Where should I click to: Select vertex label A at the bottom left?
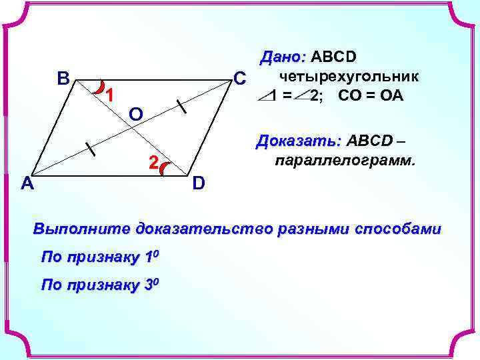point(27,184)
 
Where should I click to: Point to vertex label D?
point(199,183)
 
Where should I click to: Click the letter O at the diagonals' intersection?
point(135,114)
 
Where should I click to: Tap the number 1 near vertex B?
point(110,95)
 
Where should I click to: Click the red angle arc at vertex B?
point(99,86)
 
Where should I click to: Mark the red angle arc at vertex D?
point(166,171)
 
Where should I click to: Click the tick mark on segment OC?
point(181,107)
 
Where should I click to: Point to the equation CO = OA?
point(371,95)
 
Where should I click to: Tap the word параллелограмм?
point(343,161)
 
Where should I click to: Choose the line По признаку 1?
point(101,257)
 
